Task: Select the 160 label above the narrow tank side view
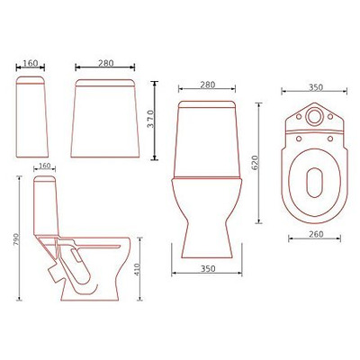[x=30, y=65]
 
